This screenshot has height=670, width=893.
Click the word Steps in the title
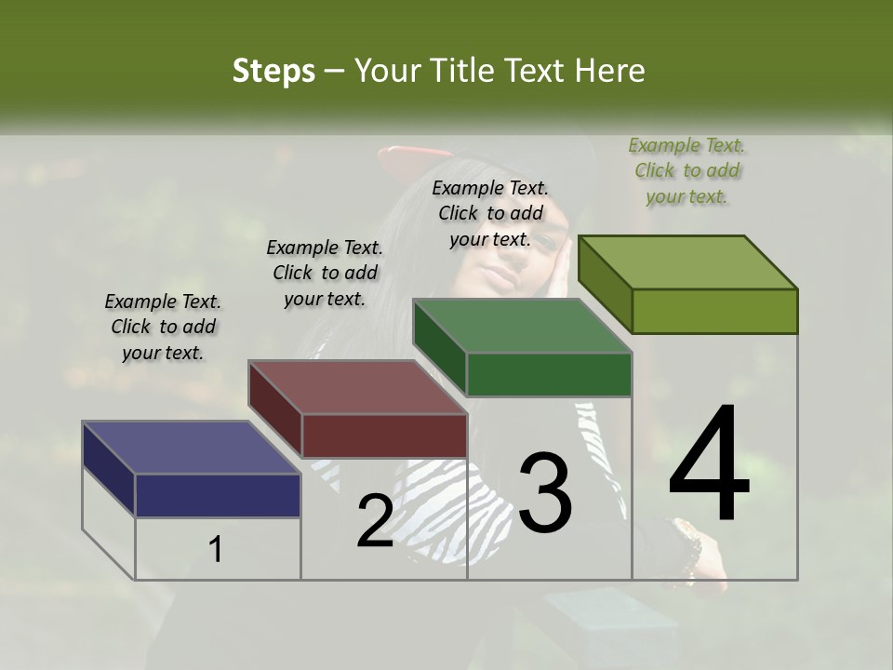click(x=273, y=71)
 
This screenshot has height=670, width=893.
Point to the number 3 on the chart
click(x=545, y=492)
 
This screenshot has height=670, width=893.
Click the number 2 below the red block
click(x=375, y=521)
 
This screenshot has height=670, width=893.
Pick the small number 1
click(x=216, y=549)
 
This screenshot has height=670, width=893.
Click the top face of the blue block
click(x=190, y=448)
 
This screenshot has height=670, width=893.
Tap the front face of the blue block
click(x=218, y=495)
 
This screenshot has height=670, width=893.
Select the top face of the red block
click(x=356, y=386)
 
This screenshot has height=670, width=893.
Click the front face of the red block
click(x=384, y=435)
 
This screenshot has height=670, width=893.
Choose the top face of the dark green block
click(x=521, y=326)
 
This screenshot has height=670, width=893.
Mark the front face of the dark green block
click(x=549, y=375)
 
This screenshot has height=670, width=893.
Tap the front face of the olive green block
click(x=714, y=311)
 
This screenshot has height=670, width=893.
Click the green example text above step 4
click(x=686, y=170)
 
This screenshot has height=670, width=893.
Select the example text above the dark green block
click(x=490, y=213)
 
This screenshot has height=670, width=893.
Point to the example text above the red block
click(x=325, y=273)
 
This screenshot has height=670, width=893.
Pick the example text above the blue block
click(x=163, y=327)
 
